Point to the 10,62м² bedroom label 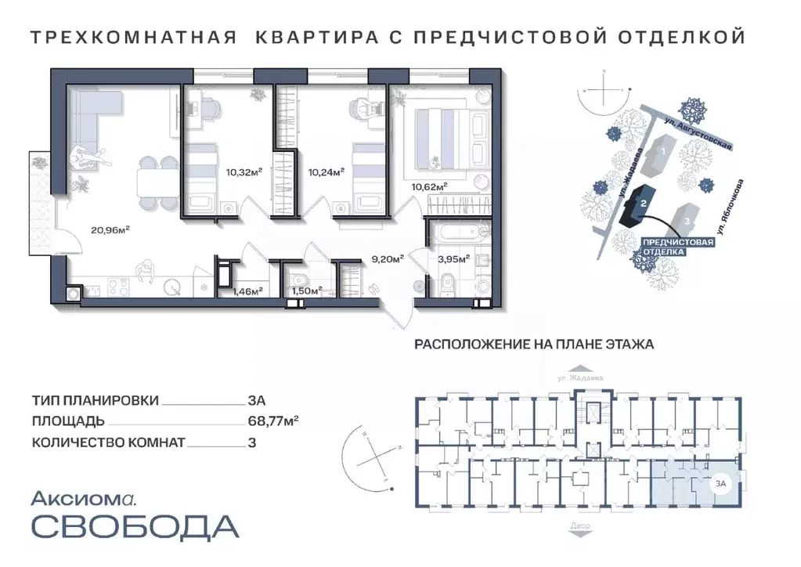tap(429, 186)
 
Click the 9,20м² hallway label tap(387, 258)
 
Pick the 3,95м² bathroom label tap(453, 258)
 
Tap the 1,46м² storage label tap(247, 291)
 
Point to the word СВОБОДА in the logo tap(135, 525)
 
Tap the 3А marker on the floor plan tap(718, 484)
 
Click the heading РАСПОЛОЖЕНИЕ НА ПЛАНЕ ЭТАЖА tap(533, 344)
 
